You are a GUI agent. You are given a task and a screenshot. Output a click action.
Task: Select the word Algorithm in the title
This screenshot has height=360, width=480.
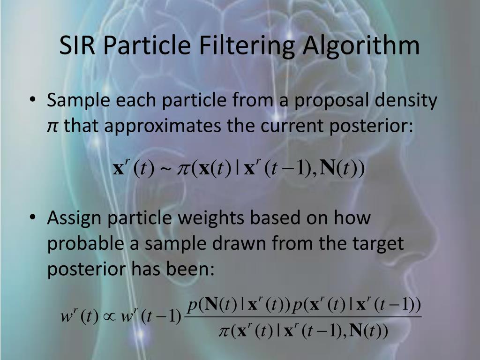pos(361,46)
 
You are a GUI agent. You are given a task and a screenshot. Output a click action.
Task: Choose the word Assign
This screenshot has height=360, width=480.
pos(76,218)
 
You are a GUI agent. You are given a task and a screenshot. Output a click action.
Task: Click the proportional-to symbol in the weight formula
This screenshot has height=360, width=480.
pos(108,317)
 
